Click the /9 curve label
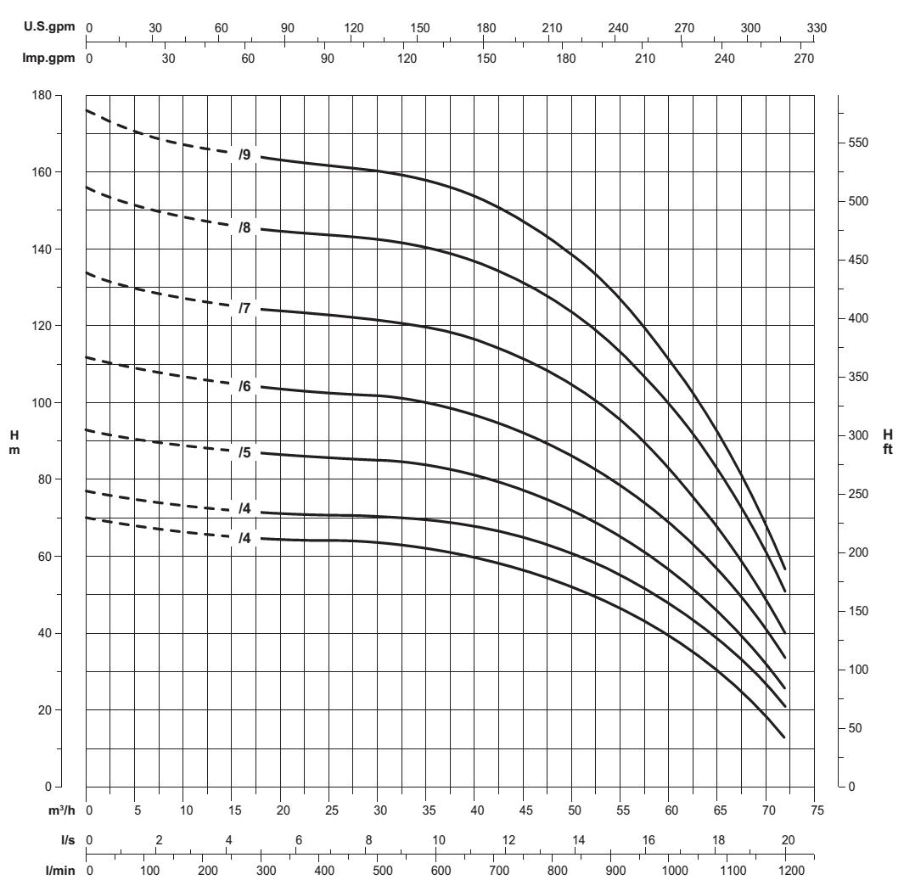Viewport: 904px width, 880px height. (x=244, y=154)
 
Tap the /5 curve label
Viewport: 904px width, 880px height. (x=244, y=452)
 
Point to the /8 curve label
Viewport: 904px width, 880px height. (x=244, y=227)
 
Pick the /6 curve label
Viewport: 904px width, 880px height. (x=244, y=386)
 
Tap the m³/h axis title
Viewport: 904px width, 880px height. (x=61, y=810)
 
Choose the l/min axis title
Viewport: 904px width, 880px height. (x=64, y=870)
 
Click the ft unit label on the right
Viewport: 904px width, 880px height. (x=887, y=450)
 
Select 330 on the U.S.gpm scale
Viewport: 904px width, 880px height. (x=817, y=28)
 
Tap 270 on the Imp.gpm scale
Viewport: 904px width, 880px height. (x=803, y=59)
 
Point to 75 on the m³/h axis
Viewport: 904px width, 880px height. (x=817, y=810)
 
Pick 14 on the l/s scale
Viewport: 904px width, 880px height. (x=578, y=840)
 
